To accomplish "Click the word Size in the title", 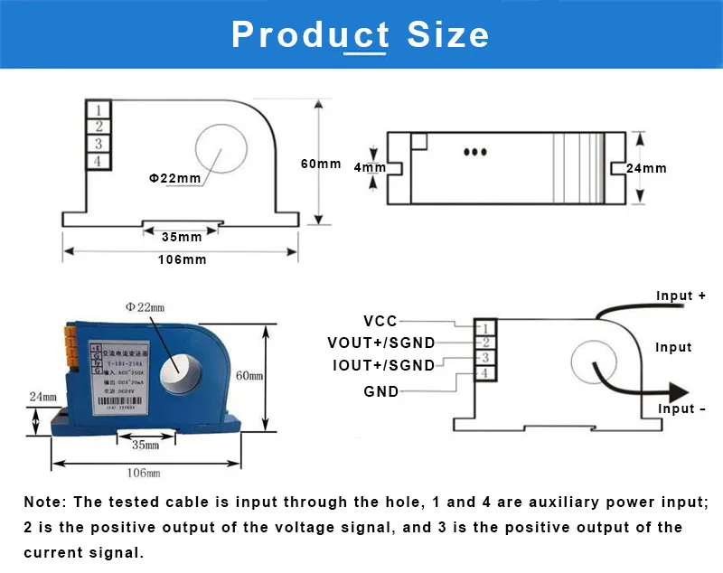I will [x=448, y=35].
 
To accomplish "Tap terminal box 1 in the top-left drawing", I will [x=96, y=110].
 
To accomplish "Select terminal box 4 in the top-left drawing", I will [x=96, y=161].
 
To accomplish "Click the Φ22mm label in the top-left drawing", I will [x=174, y=178].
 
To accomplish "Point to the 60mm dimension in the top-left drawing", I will [x=322, y=164].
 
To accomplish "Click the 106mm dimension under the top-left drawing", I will [x=182, y=259].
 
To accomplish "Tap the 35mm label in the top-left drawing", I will [x=182, y=238].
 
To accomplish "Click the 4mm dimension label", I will [x=370, y=168].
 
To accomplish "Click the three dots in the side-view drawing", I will [x=475, y=152].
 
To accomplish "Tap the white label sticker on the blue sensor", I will [x=118, y=375].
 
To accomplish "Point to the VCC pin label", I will [x=380, y=321].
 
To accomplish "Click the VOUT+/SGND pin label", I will [x=380, y=343].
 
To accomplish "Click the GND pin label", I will [x=380, y=391].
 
